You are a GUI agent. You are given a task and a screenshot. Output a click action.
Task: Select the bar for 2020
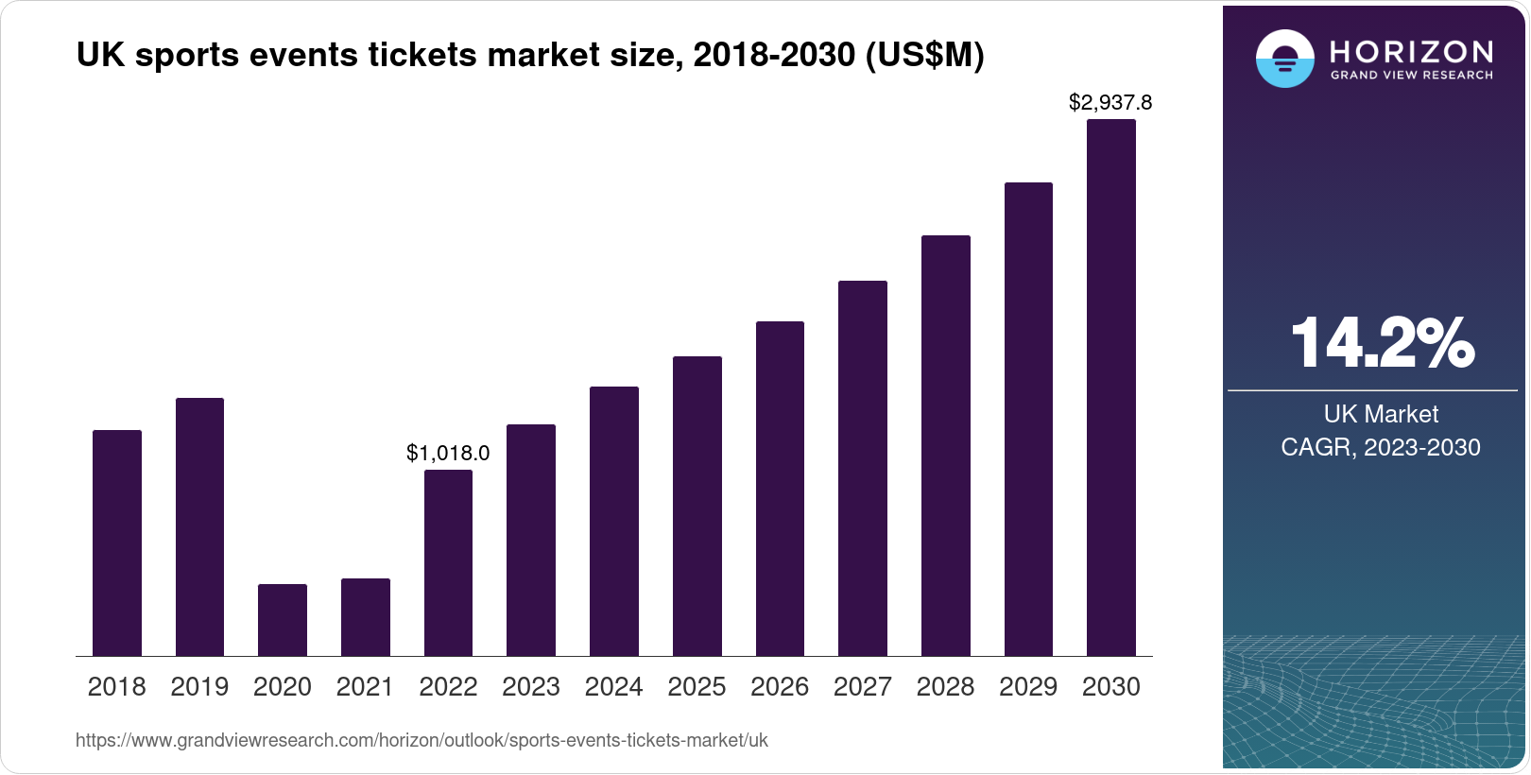click(283, 620)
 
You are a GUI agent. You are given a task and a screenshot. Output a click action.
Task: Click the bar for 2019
click(199, 526)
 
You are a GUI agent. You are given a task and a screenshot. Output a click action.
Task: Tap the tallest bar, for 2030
click(1110, 387)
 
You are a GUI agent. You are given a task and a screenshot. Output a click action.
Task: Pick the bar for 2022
click(448, 562)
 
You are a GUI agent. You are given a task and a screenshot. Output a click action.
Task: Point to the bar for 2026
click(780, 489)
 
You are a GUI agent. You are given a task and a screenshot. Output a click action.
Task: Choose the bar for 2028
click(945, 445)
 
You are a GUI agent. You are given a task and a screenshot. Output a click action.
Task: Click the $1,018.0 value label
click(448, 454)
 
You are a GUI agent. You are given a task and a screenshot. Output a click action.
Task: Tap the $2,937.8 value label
click(1110, 102)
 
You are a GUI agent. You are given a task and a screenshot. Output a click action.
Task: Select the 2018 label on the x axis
click(116, 687)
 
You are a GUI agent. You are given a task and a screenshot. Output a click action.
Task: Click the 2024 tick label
click(613, 687)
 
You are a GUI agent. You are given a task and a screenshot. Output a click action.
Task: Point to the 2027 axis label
click(862, 687)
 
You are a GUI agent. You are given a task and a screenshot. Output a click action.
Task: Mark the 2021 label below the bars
click(365, 687)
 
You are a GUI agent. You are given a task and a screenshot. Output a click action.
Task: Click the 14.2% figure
click(1381, 343)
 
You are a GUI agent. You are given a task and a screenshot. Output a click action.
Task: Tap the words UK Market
click(1381, 414)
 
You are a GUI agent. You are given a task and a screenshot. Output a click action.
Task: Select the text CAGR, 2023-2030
click(1381, 447)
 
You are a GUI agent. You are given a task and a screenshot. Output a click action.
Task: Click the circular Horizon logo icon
click(1284, 59)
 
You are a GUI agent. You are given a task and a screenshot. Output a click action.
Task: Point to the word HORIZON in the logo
click(1411, 51)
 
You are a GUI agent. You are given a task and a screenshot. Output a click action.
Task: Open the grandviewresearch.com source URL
click(421, 741)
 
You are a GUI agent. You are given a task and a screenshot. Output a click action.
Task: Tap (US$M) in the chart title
click(924, 56)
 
